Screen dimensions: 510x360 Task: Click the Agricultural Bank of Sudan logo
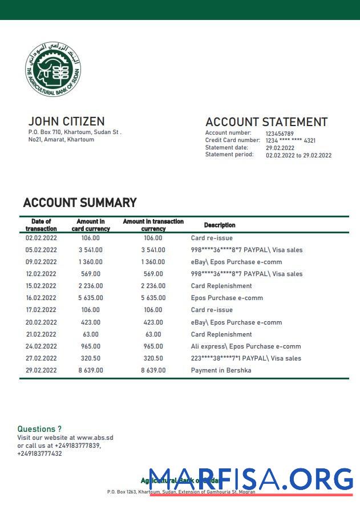tap(53, 69)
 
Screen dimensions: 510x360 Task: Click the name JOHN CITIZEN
tap(66, 122)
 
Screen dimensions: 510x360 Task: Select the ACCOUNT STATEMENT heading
tap(266, 122)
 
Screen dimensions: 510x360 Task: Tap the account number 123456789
tap(280, 133)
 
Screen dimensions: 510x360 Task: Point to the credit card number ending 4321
tap(290, 140)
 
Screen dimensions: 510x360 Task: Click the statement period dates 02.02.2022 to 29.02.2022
tap(298, 155)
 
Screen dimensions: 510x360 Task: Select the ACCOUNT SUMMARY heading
tap(80, 203)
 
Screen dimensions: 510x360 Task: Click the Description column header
tap(220, 225)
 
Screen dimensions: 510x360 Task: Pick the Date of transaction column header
tap(41, 225)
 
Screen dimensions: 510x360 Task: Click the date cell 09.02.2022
tap(41, 262)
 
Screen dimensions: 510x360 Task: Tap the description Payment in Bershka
tap(221, 370)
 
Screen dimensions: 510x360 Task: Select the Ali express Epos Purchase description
tap(245, 346)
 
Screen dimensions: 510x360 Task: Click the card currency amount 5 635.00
tap(91, 298)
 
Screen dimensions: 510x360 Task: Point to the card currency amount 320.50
tap(91, 358)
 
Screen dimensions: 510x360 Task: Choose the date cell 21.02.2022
tap(41, 334)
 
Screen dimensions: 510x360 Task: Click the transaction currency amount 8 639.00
tap(153, 370)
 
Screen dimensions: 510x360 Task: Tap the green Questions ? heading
tap(39, 429)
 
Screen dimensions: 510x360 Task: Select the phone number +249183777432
tap(39, 454)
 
